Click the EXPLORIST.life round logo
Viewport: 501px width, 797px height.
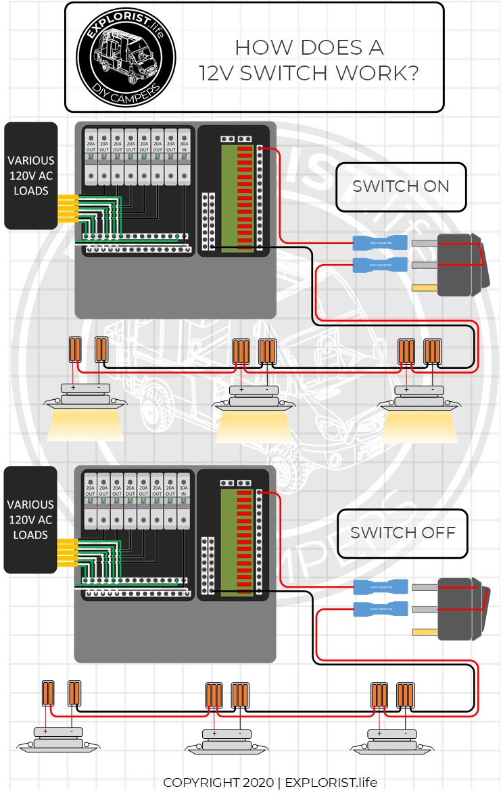tap(126, 56)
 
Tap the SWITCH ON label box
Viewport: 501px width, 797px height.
tap(400, 186)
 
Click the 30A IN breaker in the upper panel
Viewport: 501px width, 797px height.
tap(185, 156)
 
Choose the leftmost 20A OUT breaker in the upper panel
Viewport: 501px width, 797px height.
tap(90, 156)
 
